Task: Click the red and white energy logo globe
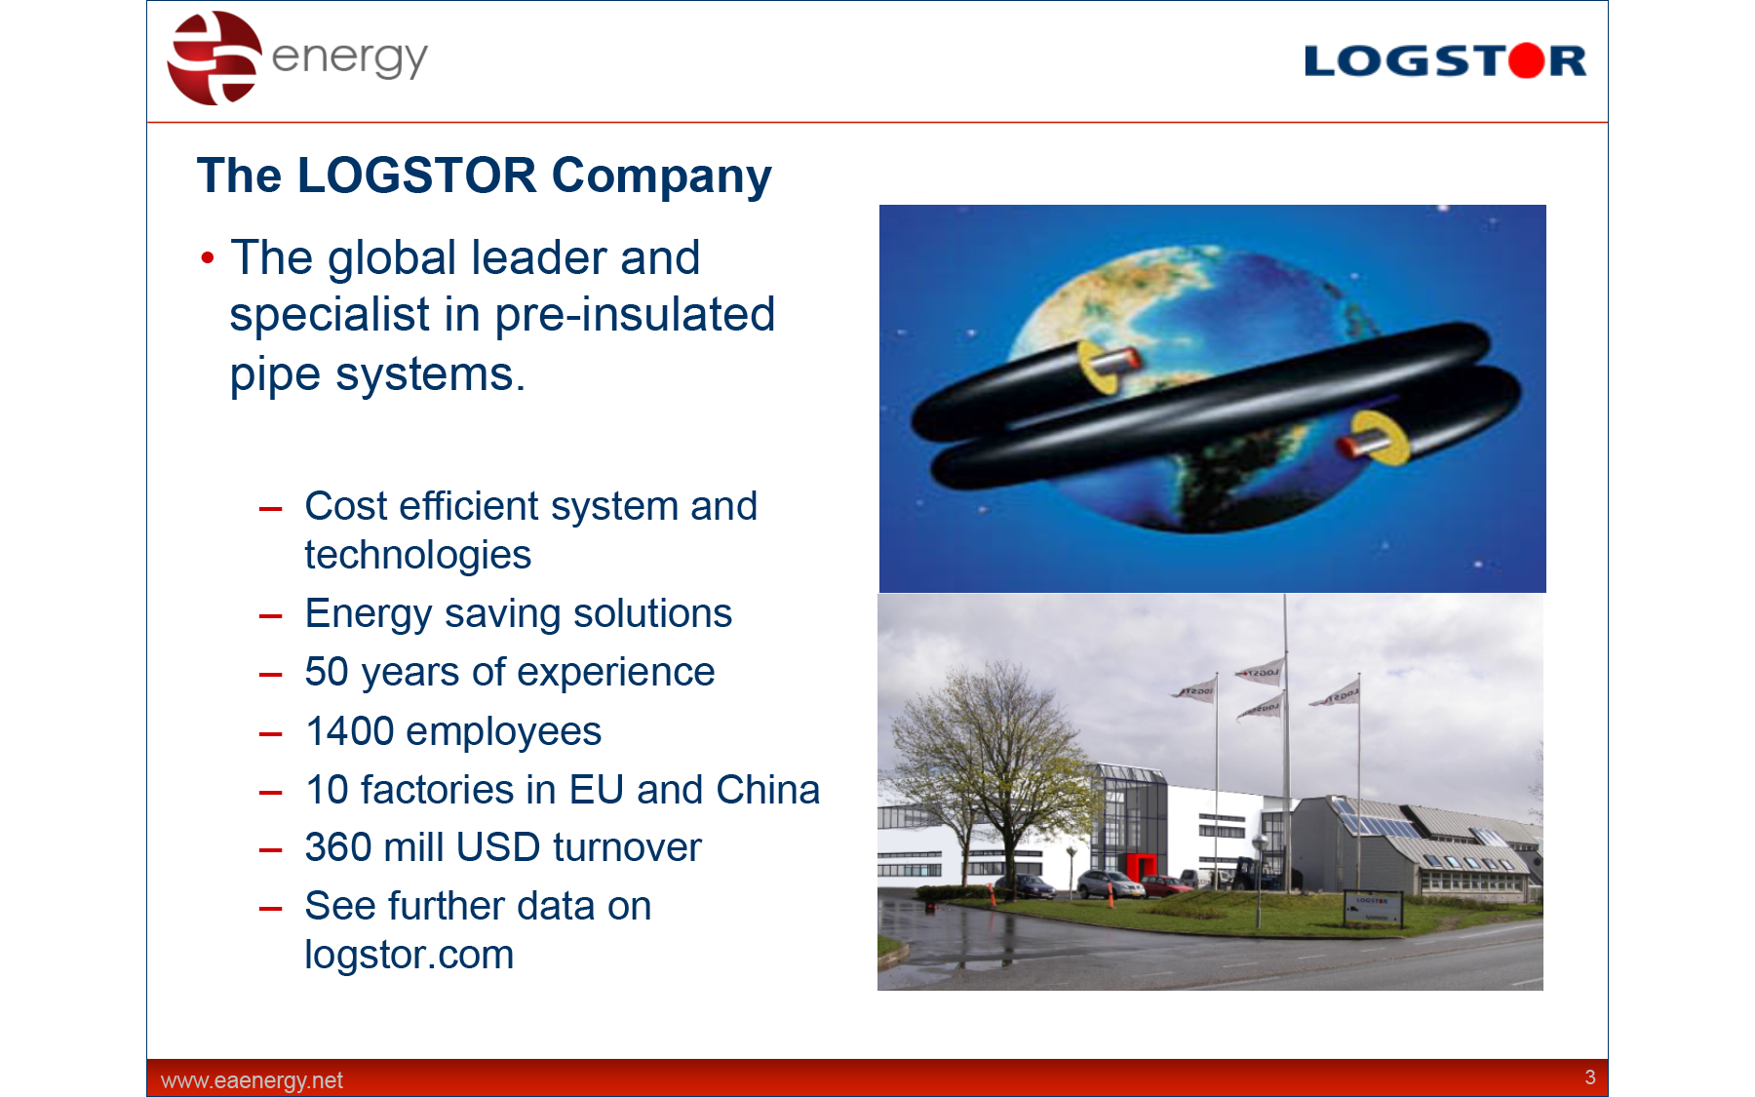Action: pyautogui.click(x=214, y=58)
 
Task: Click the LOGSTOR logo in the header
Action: pyautogui.click(x=1445, y=60)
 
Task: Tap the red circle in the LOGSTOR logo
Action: pyautogui.click(x=1527, y=60)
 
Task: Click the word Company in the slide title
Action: pyautogui.click(x=661, y=176)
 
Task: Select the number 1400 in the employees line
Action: pyautogui.click(x=349, y=731)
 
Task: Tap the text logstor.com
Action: pyautogui.click(x=409, y=955)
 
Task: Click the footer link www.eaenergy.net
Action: pyautogui.click(x=252, y=1080)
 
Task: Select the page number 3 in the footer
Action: pyautogui.click(x=1590, y=1077)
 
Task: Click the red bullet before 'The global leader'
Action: pyautogui.click(x=207, y=258)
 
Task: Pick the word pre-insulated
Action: pyautogui.click(x=635, y=315)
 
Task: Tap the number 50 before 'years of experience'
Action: pyautogui.click(x=327, y=672)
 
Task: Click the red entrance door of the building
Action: pyautogui.click(x=1141, y=865)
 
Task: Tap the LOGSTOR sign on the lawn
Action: pyautogui.click(x=1373, y=908)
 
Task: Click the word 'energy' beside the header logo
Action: pyautogui.click(x=349, y=59)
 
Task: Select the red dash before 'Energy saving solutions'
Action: pyautogui.click(x=270, y=616)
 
